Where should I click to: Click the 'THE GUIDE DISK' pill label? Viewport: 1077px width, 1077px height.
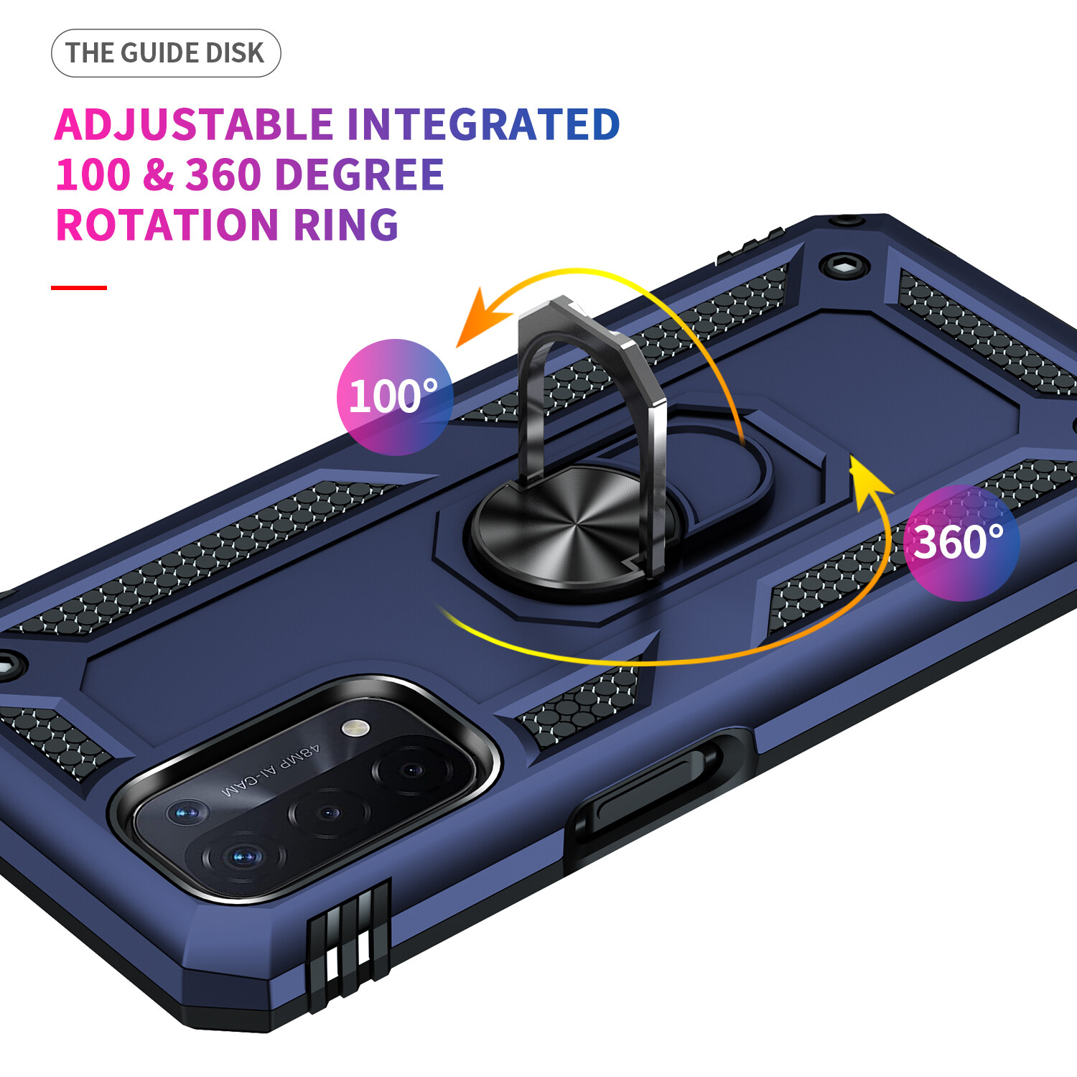[166, 53]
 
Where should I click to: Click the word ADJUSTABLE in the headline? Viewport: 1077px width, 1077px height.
[194, 124]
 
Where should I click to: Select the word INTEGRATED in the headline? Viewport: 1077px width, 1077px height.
[483, 124]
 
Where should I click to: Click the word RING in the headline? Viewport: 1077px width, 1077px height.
[346, 225]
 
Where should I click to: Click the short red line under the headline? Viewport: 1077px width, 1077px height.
[79, 288]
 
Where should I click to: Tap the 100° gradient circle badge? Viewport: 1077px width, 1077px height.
[394, 396]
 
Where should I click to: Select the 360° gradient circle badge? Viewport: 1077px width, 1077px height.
[961, 543]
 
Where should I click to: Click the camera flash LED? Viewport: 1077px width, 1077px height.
[355, 728]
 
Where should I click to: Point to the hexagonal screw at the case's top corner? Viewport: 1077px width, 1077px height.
[845, 266]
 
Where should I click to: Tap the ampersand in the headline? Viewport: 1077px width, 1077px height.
[158, 174]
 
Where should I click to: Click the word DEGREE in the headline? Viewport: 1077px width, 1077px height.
[359, 174]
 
